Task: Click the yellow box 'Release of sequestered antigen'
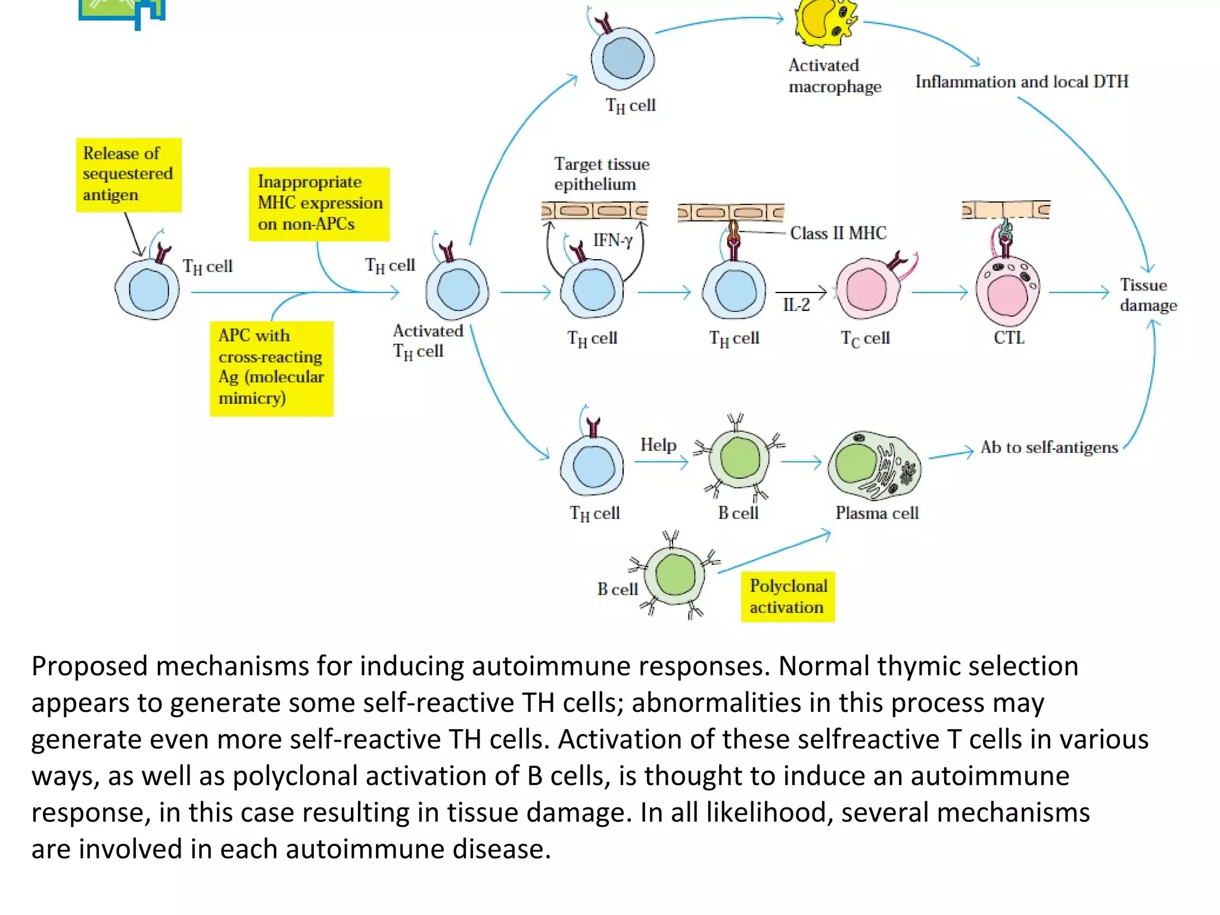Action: click(x=128, y=175)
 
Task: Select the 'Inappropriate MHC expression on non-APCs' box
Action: click(x=319, y=204)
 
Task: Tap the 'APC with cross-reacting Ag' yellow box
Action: click(x=272, y=368)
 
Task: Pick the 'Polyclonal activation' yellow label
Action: click(x=788, y=596)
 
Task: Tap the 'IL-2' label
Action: click(x=796, y=305)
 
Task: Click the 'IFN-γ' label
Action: click(x=612, y=240)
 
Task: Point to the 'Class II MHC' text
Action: click(x=838, y=233)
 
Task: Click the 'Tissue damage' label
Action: click(x=1147, y=295)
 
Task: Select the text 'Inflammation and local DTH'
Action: click(x=1022, y=82)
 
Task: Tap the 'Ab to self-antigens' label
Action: click(x=1049, y=447)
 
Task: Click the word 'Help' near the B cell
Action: click(x=658, y=445)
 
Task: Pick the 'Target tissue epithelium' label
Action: click(x=600, y=173)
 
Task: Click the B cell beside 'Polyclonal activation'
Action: click(x=675, y=575)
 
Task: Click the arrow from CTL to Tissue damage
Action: click(x=1078, y=292)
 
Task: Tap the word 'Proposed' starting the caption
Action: click(x=89, y=666)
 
